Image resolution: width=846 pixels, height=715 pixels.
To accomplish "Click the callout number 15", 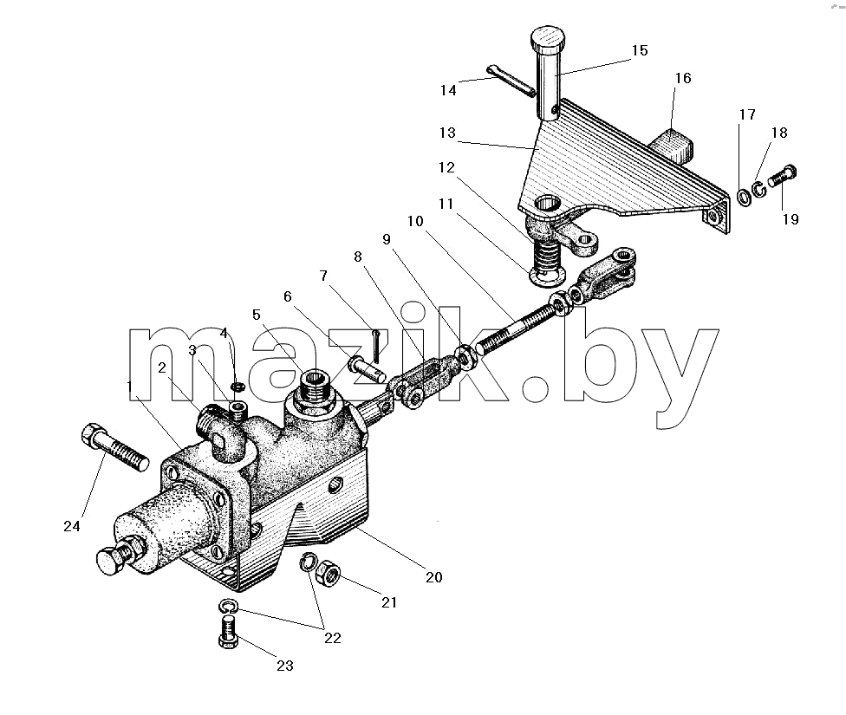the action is [x=640, y=50].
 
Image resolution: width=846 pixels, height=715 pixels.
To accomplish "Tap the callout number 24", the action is [x=72, y=526].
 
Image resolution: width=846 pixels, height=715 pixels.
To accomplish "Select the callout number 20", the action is [x=433, y=577].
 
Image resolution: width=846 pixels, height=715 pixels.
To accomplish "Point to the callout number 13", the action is [x=447, y=133].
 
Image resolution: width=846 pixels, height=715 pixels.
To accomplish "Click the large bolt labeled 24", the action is [x=114, y=447].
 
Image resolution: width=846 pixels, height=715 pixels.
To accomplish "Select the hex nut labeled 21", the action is [x=328, y=574].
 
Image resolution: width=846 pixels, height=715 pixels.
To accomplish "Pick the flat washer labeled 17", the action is [x=745, y=197].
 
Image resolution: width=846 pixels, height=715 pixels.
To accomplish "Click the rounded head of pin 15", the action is [x=549, y=38].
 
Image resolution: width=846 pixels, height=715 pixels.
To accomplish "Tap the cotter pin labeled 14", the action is [x=511, y=81].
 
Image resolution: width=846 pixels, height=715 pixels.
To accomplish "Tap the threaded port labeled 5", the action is [x=314, y=387].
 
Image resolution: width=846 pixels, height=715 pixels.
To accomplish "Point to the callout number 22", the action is [x=332, y=639].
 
